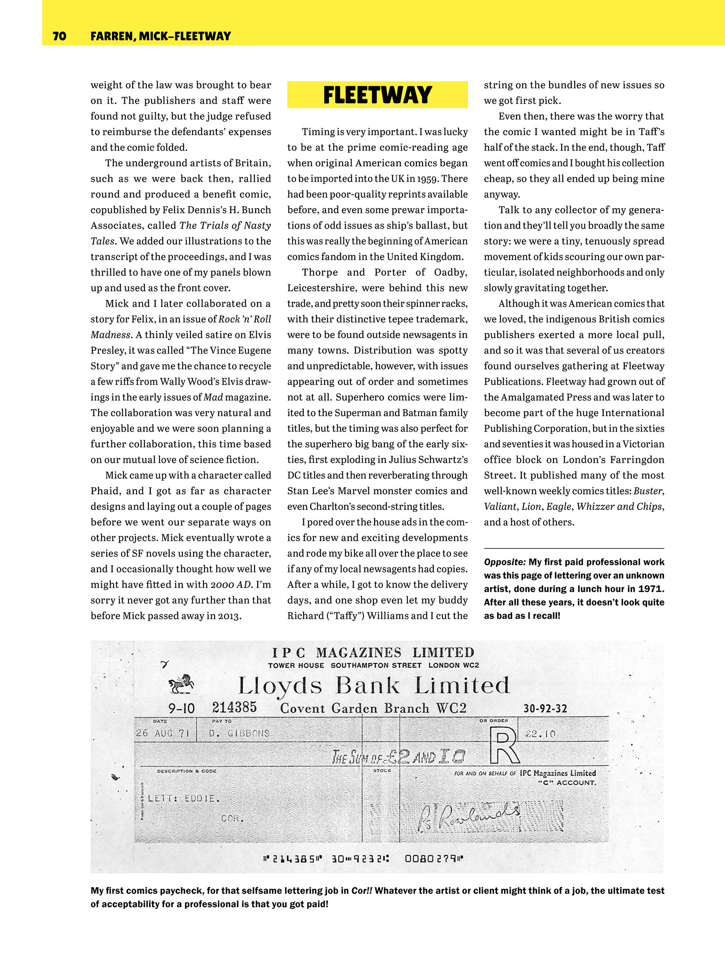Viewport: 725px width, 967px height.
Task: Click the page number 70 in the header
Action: (x=59, y=36)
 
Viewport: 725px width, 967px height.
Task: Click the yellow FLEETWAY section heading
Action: (x=377, y=95)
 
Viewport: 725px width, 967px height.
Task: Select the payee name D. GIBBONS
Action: (x=239, y=733)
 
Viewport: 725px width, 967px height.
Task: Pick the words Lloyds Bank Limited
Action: (x=374, y=686)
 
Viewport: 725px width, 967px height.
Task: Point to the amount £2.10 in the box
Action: (x=541, y=734)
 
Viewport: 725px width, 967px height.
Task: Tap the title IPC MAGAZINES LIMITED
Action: (x=373, y=653)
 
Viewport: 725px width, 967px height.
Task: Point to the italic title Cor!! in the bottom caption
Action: (x=362, y=890)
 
